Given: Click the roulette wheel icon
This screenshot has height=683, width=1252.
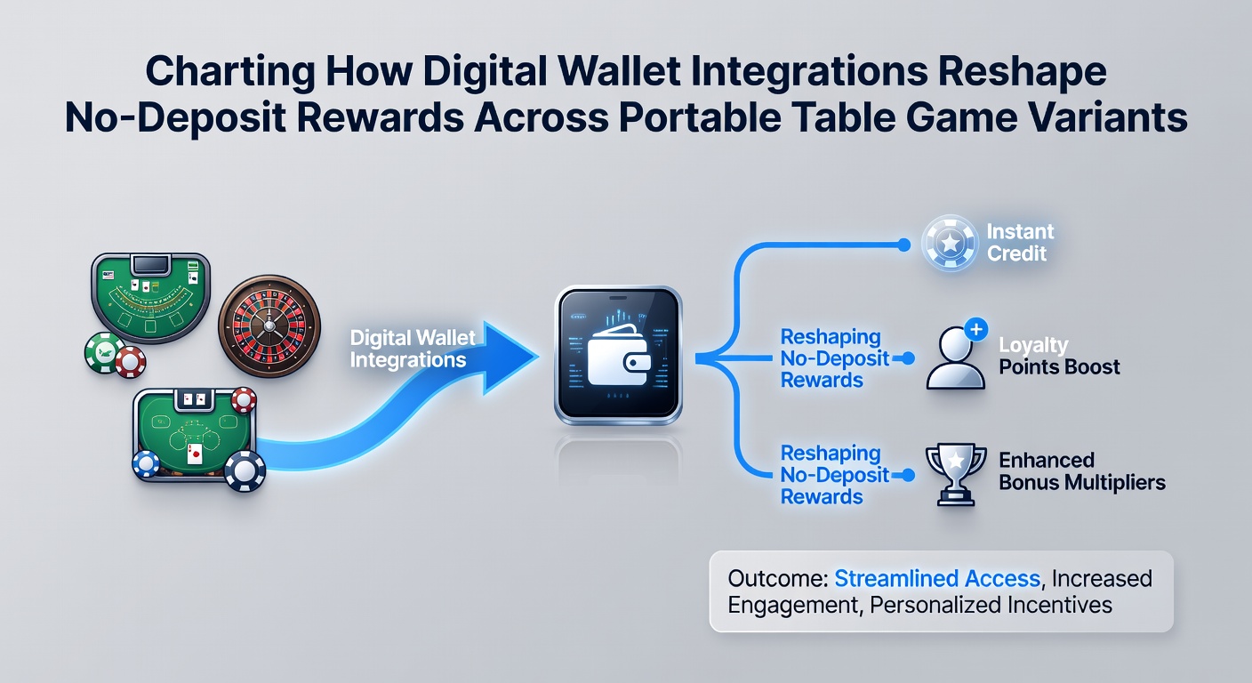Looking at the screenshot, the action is pyautogui.click(x=269, y=326).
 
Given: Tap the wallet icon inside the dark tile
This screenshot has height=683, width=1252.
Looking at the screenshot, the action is pyautogui.click(x=619, y=356).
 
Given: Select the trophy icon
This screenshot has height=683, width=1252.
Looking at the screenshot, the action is pyautogui.click(x=956, y=475).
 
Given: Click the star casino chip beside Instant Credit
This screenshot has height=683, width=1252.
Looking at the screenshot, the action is pyautogui.click(x=950, y=243).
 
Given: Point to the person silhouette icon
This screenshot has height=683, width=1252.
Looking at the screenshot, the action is pyautogui.click(x=955, y=358).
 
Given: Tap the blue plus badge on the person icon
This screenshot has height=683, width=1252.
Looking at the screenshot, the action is pyautogui.click(x=975, y=329).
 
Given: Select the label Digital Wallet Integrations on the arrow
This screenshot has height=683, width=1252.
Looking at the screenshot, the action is pyautogui.click(x=413, y=349).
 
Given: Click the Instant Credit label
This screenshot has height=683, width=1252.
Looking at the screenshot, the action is pyautogui.click(x=1020, y=242).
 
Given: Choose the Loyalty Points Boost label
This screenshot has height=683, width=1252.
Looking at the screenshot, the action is pyautogui.click(x=1059, y=356).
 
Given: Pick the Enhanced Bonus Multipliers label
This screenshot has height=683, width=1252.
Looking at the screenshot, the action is pyautogui.click(x=1082, y=471).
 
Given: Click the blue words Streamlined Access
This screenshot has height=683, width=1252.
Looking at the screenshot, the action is pyautogui.click(x=937, y=578).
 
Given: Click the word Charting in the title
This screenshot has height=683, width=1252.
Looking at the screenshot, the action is pyautogui.click(x=230, y=71).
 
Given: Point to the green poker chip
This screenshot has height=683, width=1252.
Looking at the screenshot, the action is pyautogui.click(x=105, y=353).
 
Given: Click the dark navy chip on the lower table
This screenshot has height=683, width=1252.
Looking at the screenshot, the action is pyautogui.click(x=245, y=471).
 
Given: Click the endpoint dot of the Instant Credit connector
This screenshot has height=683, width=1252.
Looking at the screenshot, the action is pyautogui.click(x=903, y=245).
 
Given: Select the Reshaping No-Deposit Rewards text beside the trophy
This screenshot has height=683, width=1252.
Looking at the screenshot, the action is pyautogui.click(x=834, y=475).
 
